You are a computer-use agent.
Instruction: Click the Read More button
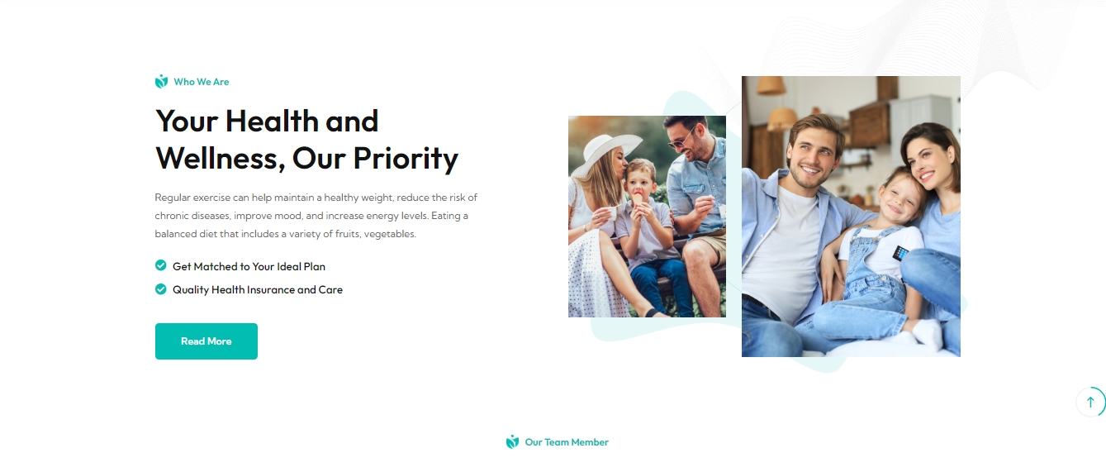pyautogui.click(x=206, y=341)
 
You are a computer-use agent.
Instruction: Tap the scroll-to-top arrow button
pyautogui.click(x=1090, y=402)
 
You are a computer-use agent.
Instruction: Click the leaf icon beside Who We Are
pyautogui.click(x=161, y=81)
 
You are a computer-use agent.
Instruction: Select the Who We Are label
pyautogui.click(x=201, y=82)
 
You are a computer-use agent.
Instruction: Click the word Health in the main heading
pyautogui.click(x=272, y=121)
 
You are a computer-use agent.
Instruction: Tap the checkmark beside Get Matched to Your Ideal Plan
pyautogui.click(x=160, y=265)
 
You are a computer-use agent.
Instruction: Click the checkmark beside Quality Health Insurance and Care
pyautogui.click(x=160, y=288)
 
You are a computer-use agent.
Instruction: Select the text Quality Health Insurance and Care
pyautogui.click(x=257, y=289)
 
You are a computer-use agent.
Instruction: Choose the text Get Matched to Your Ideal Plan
pyautogui.click(x=249, y=266)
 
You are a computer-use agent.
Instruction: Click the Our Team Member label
pyautogui.click(x=567, y=442)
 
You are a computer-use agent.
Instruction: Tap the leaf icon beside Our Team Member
pyautogui.click(x=512, y=442)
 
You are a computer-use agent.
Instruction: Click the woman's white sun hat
pyautogui.click(x=605, y=151)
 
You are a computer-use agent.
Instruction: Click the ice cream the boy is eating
pyautogui.click(x=638, y=198)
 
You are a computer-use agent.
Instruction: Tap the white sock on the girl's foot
pyautogui.click(x=928, y=333)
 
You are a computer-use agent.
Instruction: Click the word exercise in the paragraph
pyautogui.click(x=211, y=198)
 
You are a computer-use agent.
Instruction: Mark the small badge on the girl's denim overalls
pyautogui.click(x=900, y=253)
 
